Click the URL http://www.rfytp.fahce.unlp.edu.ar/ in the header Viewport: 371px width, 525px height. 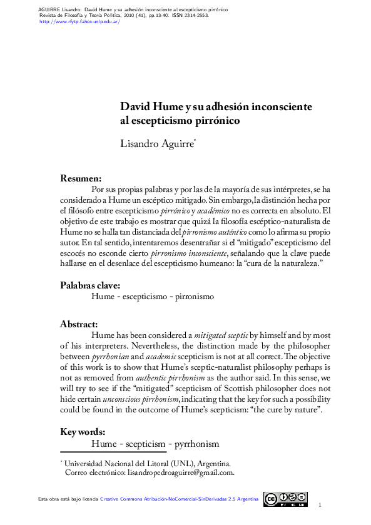click(x=79, y=21)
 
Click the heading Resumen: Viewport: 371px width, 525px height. click(x=81, y=179)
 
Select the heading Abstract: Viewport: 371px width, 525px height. click(x=79, y=324)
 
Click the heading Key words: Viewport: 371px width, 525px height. click(x=82, y=432)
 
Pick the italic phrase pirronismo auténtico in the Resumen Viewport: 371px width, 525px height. click(x=218, y=232)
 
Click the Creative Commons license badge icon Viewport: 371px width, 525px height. click(x=285, y=499)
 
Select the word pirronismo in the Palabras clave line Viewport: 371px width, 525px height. click(x=193, y=297)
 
